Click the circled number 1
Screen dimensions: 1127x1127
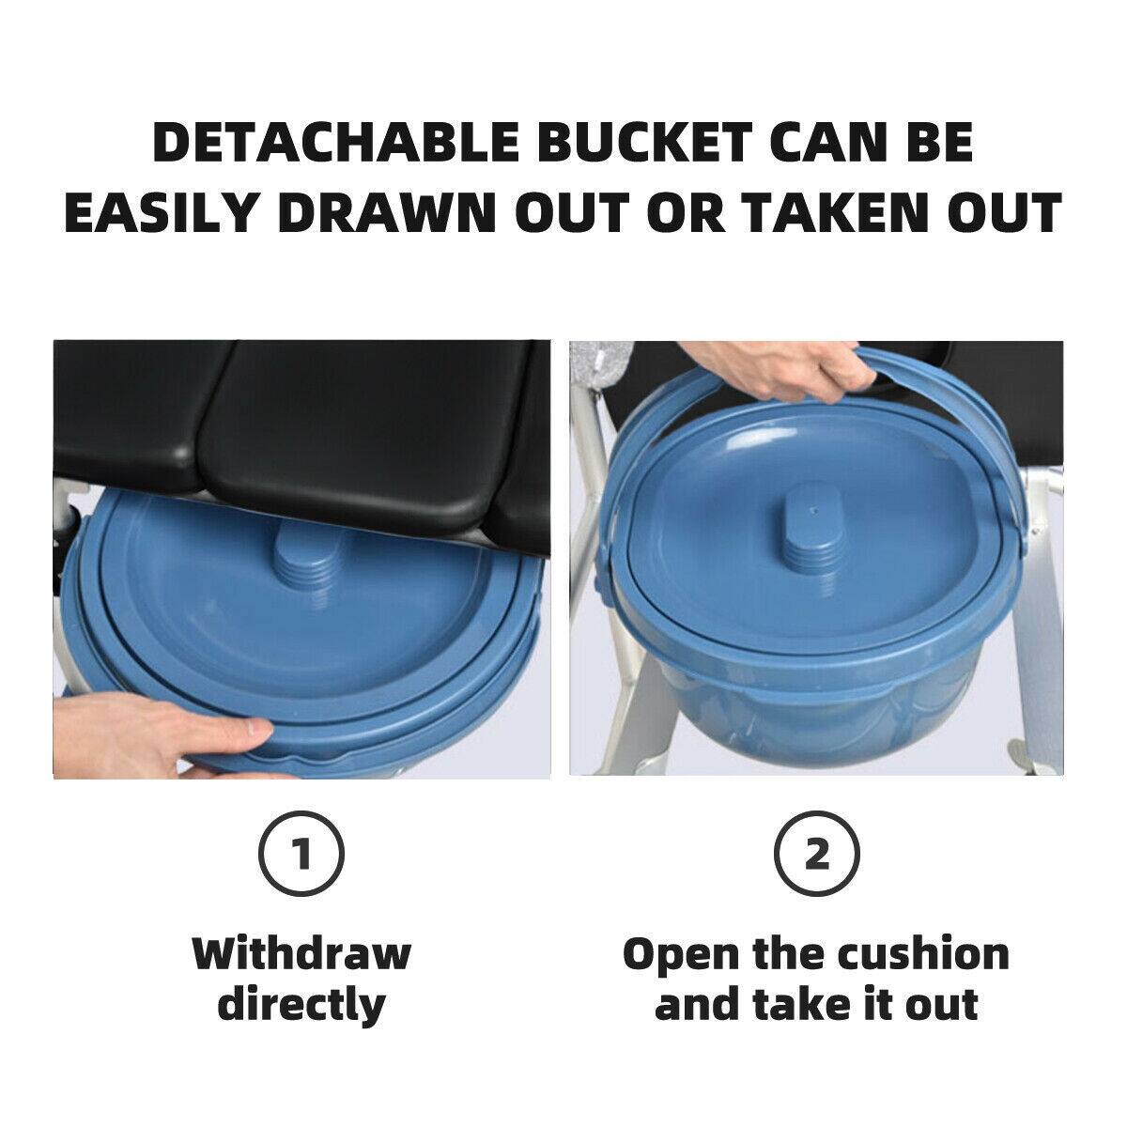point(301,856)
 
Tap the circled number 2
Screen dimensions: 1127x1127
point(817,856)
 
